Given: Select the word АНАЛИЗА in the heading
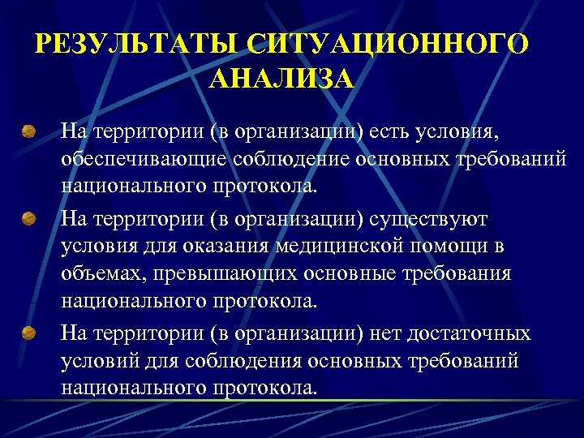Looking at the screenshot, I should point(281,79).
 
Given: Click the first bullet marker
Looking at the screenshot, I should point(29,130).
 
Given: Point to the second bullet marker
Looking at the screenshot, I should point(29,219).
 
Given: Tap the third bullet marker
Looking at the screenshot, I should point(29,333).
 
